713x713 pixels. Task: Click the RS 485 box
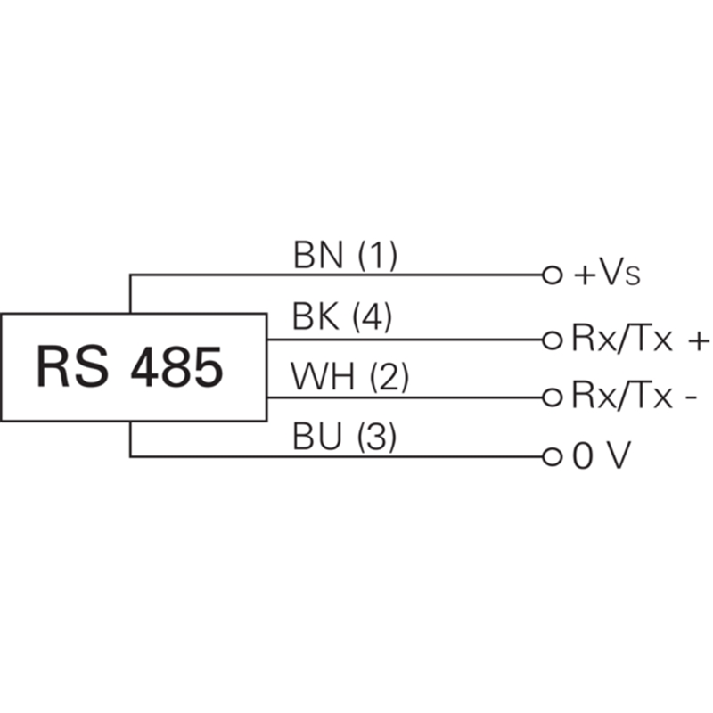[x=134, y=366]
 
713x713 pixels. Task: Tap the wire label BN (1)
[x=344, y=257]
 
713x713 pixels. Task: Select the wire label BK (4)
[x=342, y=318]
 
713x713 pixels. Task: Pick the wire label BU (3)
[x=344, y=438]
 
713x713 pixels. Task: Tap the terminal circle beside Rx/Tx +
[x=552, y=340]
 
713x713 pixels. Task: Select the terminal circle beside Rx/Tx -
[x=552, y=396]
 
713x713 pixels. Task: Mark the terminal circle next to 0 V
[x=552, y=457]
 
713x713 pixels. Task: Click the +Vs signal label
[x=606, y=274]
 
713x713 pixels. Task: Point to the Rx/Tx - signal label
[x=633, y=396]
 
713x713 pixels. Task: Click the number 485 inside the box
[x=176, y=367]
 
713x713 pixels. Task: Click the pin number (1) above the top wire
[x=376, y=257]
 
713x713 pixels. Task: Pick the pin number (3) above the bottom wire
[x=375, y=438]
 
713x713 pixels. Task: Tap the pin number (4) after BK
[x=373, y=318]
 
